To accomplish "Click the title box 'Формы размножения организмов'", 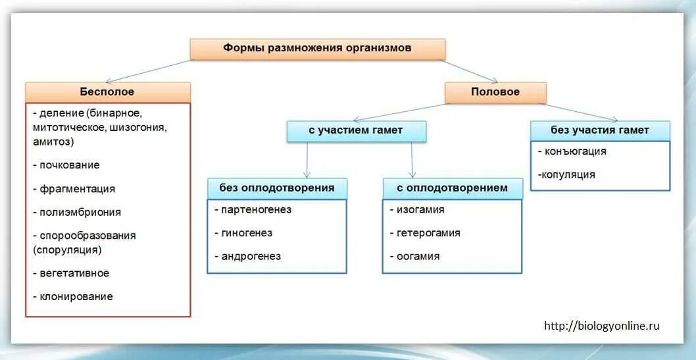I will [x=318, y=49].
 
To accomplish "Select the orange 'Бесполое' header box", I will [x=108, y=92].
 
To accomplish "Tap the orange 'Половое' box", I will [x=495, y=92].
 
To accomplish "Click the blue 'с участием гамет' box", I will [x=356, y=131].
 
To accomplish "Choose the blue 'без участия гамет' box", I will [x=600, y=130].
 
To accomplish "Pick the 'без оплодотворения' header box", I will [x=277, y=188].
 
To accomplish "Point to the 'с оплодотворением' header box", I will [x=453, y=188].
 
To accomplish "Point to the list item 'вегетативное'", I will [x=74, y=273].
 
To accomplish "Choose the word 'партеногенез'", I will [x=256, y=210].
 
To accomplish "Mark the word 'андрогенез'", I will [x=251, y=257].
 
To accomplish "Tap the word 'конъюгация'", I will [x=575, y=151].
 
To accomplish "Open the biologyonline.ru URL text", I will [x=601, y=326].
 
